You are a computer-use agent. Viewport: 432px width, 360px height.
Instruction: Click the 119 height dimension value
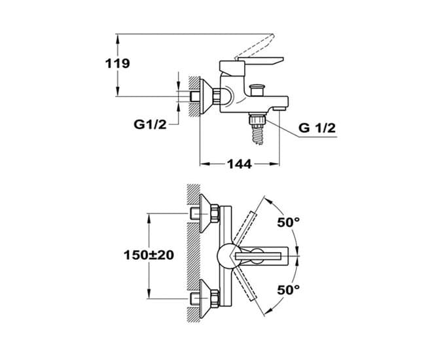[117, 63]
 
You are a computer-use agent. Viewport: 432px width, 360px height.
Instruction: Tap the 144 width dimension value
[239, 164]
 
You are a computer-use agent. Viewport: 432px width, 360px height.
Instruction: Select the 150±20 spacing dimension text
[149, 255]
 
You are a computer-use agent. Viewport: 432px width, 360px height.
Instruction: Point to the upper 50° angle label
[289, 223]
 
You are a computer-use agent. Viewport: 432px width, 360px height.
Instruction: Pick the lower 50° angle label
[289, 290]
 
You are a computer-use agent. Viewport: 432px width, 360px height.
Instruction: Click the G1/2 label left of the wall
[150, 125]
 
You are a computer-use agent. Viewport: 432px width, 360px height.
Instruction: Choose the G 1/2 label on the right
[317, 128]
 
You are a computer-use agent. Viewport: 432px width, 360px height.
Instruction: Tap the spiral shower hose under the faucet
[259, 135]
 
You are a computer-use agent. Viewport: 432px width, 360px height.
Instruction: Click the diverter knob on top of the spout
[257, 90]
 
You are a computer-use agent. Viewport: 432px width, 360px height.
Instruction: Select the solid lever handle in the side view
[261, 61]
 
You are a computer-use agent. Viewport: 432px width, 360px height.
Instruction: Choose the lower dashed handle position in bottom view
[244, 283]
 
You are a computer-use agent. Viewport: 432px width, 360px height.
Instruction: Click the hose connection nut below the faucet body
[257, 118]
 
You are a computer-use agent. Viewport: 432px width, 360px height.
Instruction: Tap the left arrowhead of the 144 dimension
[204, 164]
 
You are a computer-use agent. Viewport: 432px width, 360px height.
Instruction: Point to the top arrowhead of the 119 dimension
[118, 39]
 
